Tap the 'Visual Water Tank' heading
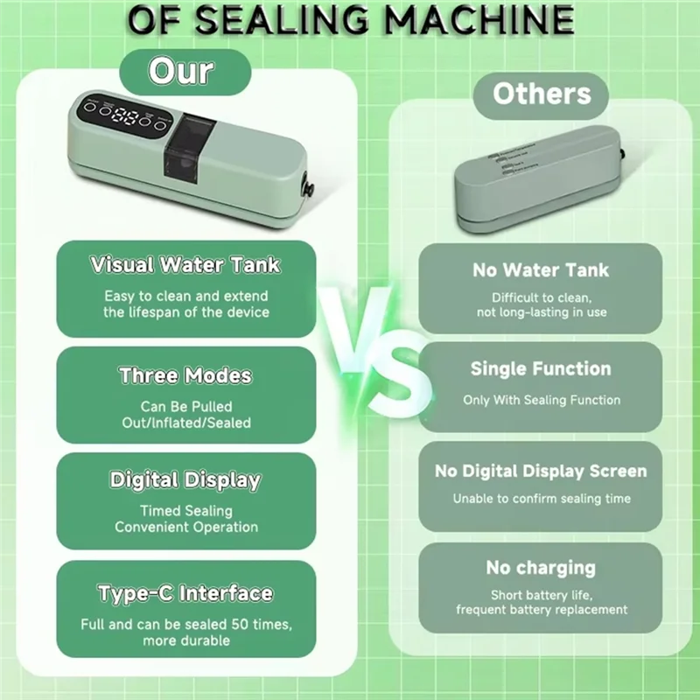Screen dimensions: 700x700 (x=186, y=264)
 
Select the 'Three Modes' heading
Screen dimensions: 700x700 (x=185, y=376)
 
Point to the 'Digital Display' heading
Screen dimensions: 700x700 (x=185, y=480)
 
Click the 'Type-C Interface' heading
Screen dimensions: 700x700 (x=185, y=593)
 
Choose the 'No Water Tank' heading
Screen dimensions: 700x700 (x=540, y=270)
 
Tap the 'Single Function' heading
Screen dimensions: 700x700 (x=540, y=368)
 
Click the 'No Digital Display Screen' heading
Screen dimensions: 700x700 (x=540, y=472)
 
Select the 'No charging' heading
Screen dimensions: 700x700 (x=540, y=569)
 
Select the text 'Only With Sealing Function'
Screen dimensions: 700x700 (x=542, y=400)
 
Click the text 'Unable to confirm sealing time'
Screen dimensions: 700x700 (x=541, y=499)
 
